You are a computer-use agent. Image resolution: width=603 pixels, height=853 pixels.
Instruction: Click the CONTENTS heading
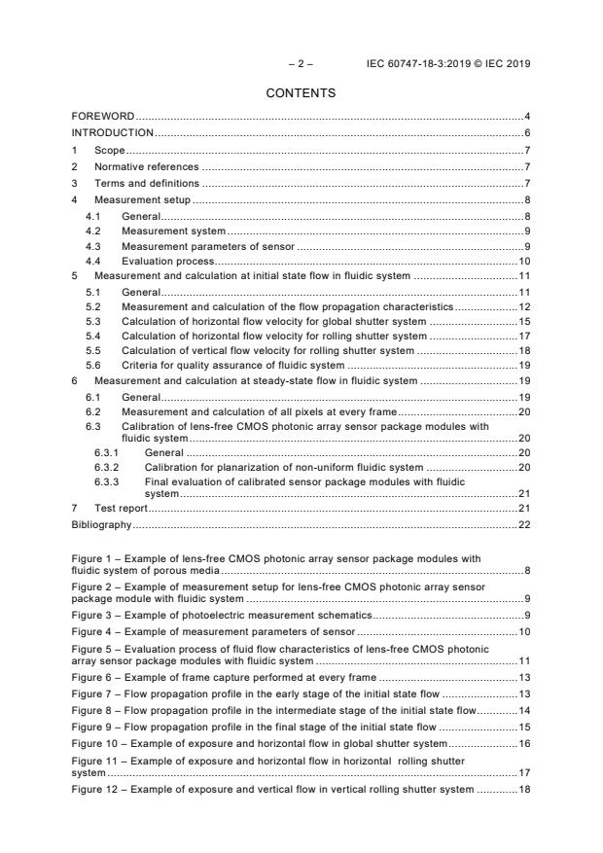[301, 93]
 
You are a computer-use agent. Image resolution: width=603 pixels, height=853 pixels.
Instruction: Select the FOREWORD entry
[103, 117]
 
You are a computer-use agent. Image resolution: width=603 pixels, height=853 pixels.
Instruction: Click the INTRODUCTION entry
[113, 132]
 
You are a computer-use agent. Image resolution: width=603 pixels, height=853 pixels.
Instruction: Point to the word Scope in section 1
[109, 151]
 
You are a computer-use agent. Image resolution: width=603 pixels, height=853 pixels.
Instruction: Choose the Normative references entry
[146, 166]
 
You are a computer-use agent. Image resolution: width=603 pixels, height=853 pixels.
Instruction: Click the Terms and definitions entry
[146, 183]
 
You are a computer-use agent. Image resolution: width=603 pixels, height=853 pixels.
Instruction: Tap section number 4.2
[93, 231]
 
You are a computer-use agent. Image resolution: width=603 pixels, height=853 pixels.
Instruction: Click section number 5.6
[93, 365]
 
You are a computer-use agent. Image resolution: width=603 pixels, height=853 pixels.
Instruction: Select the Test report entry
[121, 509]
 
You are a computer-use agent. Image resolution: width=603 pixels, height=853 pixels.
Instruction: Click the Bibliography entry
[101, 524]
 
